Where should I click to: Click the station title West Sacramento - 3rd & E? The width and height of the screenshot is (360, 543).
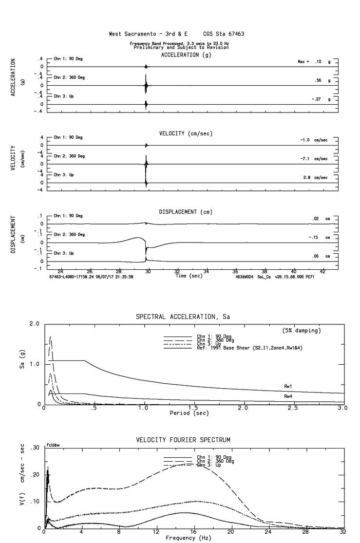click(149, 35)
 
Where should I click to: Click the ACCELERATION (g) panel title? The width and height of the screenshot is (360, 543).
click(186, 55)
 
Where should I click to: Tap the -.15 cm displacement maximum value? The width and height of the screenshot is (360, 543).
click(313, 237)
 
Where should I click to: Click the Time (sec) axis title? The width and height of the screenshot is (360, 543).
click(189, 276)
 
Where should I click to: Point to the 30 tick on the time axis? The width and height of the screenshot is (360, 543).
click(148, 271)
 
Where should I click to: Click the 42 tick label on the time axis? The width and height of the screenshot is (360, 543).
click(322, 271)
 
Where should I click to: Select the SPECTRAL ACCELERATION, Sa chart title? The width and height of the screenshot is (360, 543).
click(183, 317)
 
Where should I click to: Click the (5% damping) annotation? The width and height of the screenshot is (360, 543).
click(302, 331)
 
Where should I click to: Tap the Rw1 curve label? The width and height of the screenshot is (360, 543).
click(288, 386)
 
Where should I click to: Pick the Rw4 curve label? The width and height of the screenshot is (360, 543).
click(288, 397)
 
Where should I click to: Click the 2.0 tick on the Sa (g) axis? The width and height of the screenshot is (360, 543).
click(35, 324)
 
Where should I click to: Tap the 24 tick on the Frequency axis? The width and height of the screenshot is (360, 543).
click(268, 531)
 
